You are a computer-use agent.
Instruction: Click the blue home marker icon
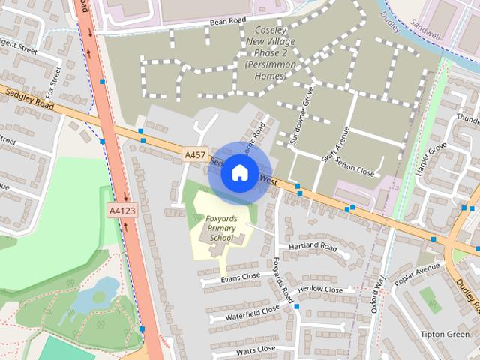coord(239,172)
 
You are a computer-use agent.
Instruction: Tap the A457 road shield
coord(196,154)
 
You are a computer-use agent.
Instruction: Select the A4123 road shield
coord(122,211)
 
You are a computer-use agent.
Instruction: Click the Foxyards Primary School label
coord(222,228)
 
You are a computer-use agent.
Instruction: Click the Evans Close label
coord(241,277)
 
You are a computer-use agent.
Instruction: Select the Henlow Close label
coord(320,289)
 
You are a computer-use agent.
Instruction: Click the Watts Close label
coord(256,349)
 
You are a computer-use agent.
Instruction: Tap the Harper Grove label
coord(431,157)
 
